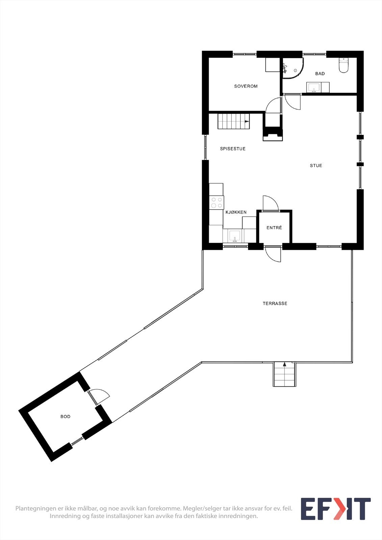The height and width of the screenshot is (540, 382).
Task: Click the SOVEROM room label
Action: [246, 86]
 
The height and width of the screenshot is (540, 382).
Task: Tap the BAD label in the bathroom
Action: [320, 74]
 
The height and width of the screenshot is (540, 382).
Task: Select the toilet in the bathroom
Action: [343, 65]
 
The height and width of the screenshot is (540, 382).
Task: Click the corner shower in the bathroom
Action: [292, 68]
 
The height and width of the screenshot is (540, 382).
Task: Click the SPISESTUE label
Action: [233, 149]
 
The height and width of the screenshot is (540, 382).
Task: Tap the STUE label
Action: [316, 166]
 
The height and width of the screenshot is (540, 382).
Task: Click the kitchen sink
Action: [235, 235]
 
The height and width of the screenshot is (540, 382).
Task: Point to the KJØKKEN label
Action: [236, 212]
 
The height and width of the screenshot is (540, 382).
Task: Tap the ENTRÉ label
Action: [274, 228]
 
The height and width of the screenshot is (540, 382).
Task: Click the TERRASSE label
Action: [275, 303]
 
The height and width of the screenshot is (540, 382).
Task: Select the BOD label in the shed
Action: [66, 417]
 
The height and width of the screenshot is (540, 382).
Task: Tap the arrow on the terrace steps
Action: [284, 364]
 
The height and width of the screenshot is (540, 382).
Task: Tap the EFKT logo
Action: [335, 509]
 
